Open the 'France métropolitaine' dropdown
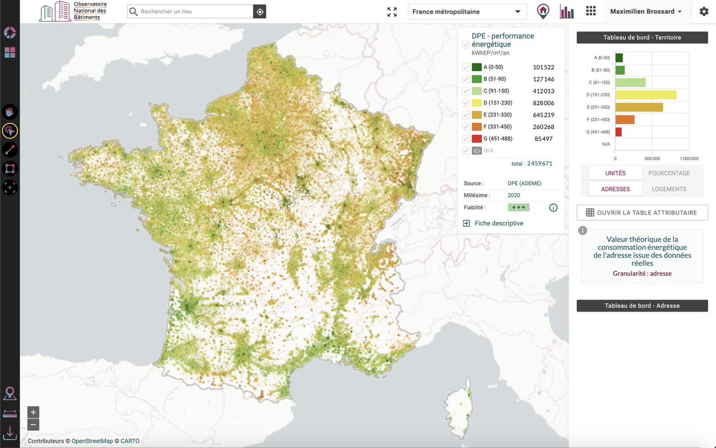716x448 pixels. pyautogui.click(x=467, y=11)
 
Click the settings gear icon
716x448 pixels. pyautogui.click(x=703, y=12)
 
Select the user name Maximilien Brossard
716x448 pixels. pyautogui.click(x=642, y=11)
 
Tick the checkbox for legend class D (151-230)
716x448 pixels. pyautogui.click(x=466, y=103)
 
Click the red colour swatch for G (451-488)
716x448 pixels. pyautogui.click(x=477, y=139)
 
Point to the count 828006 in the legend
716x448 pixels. pyautogui.click(x=544, y=103)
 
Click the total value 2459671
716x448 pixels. pyautogui.click(x=539, y=163)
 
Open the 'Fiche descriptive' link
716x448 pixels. pyautogui.click(x=499, y=223)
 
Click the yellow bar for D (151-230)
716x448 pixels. pyautogui.click(x=646, y=95)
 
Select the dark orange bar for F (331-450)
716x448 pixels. pyautogui.click(x=625, y=120)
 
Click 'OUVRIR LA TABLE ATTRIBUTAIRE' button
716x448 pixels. pyautogui.click(x=642, y=212)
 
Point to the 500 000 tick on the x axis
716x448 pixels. pyautogui.click(x=652, y=159)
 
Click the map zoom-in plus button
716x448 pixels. pyautogui.click(x=33, y=412)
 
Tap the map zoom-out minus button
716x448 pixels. pyautogui.click(x=33, y=425)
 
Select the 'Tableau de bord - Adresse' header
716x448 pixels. pyautogui.click(x=642, y=305)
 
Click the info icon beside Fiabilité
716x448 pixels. pyautogui.click(x=553, y=208)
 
